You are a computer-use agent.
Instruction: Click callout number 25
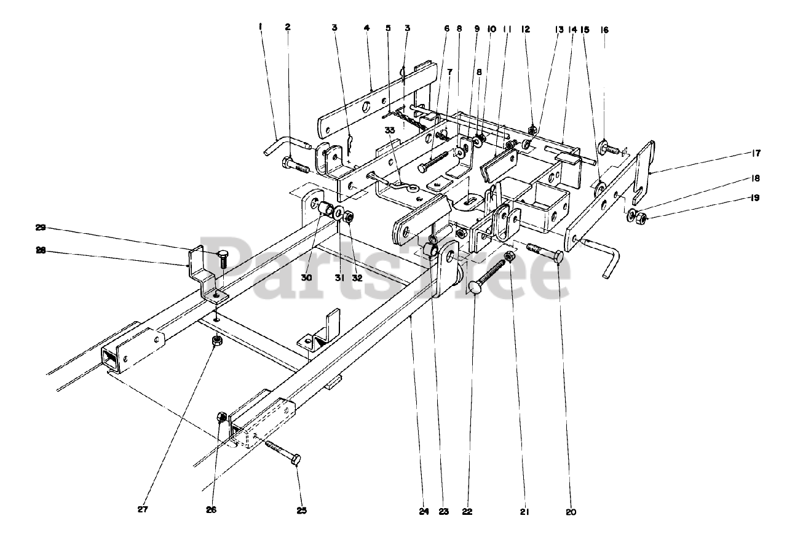point(302,510)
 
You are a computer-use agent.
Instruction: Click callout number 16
point(604,29)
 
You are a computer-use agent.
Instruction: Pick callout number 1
point(261,26)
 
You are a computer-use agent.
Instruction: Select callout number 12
point(524,29)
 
